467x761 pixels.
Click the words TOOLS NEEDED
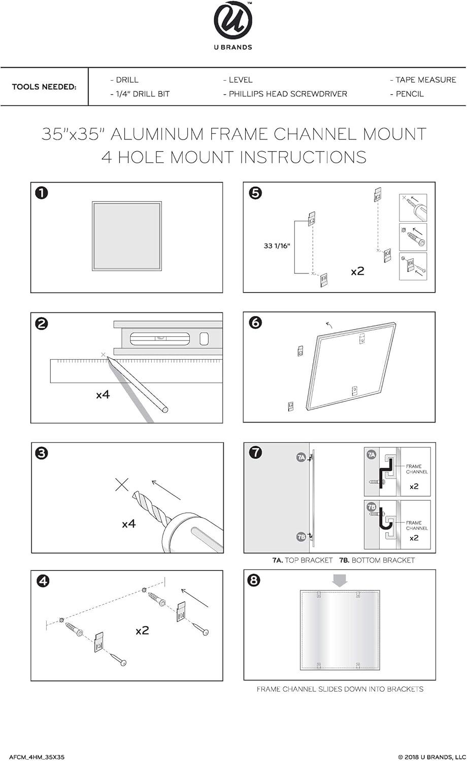44,87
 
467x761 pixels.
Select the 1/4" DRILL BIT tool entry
140,94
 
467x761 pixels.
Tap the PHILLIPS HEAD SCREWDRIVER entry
285,94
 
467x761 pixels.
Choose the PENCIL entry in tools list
407,94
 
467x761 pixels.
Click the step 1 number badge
42,193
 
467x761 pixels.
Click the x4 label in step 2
103,394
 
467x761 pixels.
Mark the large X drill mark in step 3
122,485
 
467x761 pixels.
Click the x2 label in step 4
142,631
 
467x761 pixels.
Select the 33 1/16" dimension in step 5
277,246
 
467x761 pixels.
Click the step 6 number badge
256,323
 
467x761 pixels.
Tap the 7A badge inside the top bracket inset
371,455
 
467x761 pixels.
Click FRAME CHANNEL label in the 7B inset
417,525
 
